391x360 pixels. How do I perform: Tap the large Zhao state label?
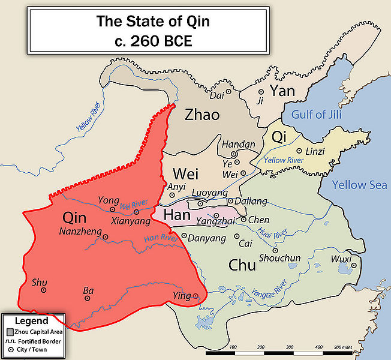pos(202,114)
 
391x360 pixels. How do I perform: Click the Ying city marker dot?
pos(195,295)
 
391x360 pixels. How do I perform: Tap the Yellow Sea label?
pos(360,185)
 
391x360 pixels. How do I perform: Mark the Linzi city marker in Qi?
pos(298,152)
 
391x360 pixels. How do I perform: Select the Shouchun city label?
pos(279,258)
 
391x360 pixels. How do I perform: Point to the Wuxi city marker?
pos(354,265)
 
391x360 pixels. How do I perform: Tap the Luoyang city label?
pos(210,193)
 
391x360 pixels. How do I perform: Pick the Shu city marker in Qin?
pos(44,290)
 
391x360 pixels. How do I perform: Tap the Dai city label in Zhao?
pos(216,95)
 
